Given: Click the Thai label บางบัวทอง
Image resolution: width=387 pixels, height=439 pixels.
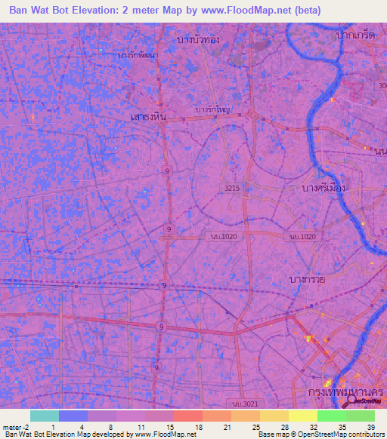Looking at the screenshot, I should click(x=197, y=38).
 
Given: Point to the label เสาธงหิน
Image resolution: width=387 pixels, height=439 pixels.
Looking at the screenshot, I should click(x=148, y=115).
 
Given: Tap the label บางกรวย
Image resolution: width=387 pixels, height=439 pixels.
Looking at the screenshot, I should click(x=308, y=279).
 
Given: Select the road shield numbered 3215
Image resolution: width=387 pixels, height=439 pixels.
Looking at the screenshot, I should click(x=233, y=188).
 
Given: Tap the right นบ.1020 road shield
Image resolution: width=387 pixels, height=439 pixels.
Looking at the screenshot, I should click(x=297, y=237).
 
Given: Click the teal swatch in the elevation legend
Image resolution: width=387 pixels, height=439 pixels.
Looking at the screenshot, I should click(x=44, y=416).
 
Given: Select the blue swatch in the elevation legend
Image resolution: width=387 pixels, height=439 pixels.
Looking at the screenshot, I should click(x=73, y=416).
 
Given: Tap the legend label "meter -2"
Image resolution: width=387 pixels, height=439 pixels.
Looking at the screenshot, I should click(x=16, y=426).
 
